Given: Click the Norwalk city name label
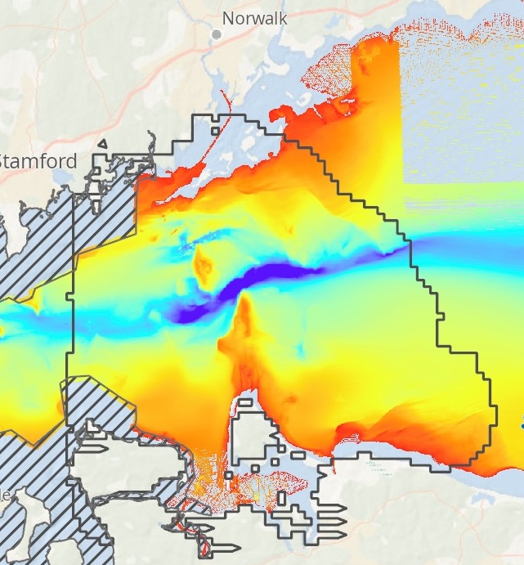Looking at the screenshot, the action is pyautogui.click(x=254, y=18).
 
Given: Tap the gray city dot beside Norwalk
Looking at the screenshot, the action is pyautogui.click(x=217, y=34).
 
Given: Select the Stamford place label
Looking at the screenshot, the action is pyautogui.click(x=38, y=160).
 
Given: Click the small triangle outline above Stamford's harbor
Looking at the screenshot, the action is pyautogui.click(x=102, y=145).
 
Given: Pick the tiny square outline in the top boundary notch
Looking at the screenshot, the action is pyautogui.click(x=215, y=129).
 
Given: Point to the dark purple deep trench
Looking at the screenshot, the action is pyautogui.click(x=245, y=284).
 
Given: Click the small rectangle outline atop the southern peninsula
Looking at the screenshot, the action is pyautogui.click(x=244, y=401).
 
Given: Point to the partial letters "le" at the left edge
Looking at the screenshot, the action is pyautogui.click(x=6, y=495).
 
